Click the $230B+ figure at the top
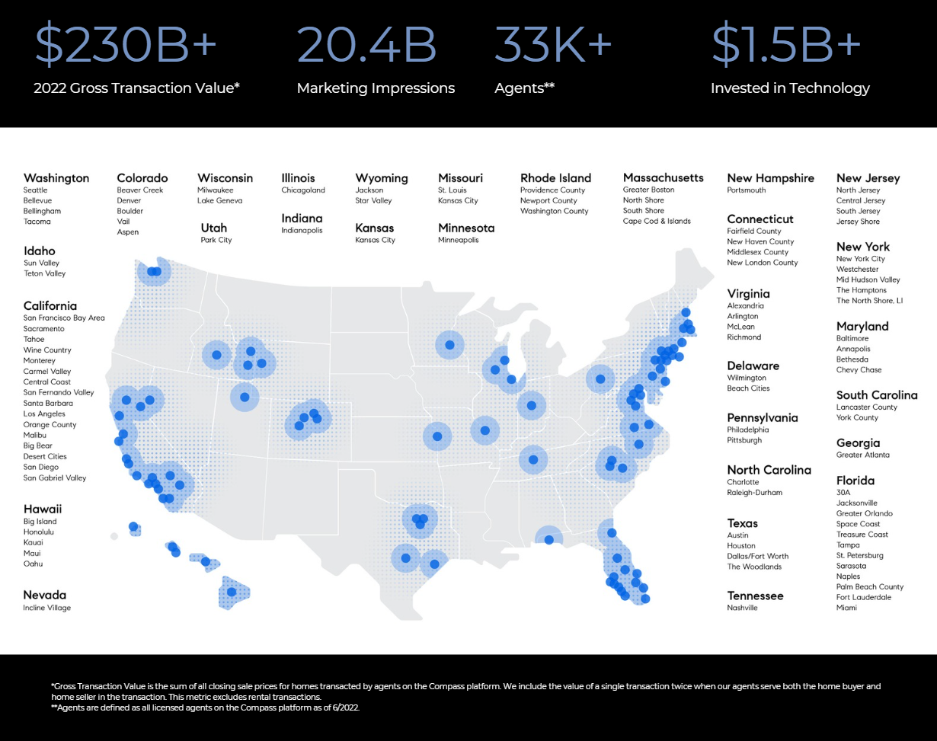tap(126, 45)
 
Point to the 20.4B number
tap(366, 45)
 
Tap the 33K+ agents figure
tap(553, 45)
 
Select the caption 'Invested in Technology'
tap(790, 88)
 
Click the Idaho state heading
tap(40, 251)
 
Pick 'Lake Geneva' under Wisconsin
tap(219, 200)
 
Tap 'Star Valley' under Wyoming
tap(373, 200)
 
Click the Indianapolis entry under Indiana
tap(302, 230)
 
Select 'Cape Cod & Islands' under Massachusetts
tap(657, 221)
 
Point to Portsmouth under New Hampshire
tap(747, 190)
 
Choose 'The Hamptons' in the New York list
tap(862, 290)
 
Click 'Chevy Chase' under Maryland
tap(859, 370)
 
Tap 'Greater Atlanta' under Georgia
tap(862, 455)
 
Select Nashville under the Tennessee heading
tap(742, 608)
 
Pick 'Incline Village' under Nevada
tap(46, 608)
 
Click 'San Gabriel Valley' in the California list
tap(55, 477)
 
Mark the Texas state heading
tap(743, 523)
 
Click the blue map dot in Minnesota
tap(449, 345)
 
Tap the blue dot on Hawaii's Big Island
tap(232, 592)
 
